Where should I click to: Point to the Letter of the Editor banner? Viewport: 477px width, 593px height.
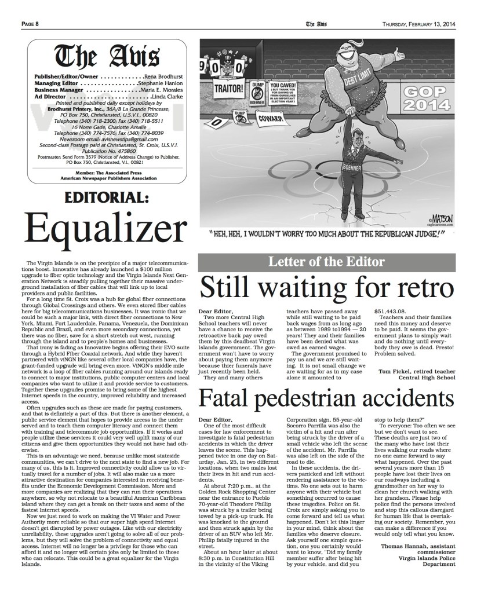[x=327, y=262]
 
